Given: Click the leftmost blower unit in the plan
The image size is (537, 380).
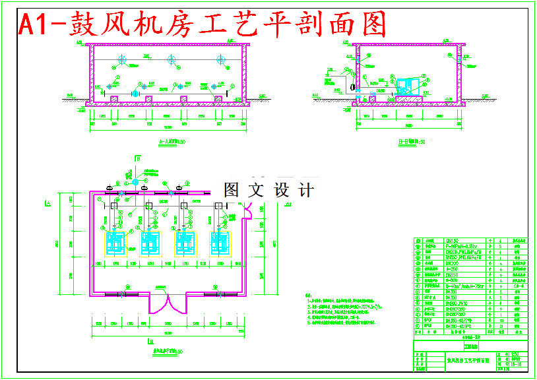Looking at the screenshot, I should [116, 243].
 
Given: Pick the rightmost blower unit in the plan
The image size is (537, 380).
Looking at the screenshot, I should [220, 243].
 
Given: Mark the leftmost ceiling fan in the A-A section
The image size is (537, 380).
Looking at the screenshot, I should [121, 61].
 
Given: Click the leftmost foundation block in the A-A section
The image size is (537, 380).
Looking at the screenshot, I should [114, 98].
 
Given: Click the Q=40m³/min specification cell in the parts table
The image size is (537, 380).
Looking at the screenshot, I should [464, 286].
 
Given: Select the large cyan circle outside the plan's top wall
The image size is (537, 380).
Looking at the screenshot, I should [135, 182].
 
